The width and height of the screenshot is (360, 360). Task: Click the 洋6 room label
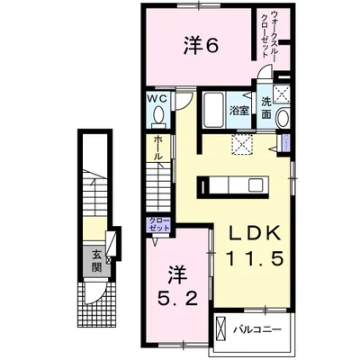(x=201, y=47)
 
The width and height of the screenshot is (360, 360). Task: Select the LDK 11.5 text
(x=255, y=247)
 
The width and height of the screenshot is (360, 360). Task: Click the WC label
(x=157, y=99)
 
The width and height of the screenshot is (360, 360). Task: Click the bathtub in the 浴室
(x=213, y=110)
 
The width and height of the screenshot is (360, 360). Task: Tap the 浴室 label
(x=239, y=111)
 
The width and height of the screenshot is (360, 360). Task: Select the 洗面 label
(x=265, y=108)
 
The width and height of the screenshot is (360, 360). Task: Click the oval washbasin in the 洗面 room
(x=283, y=118)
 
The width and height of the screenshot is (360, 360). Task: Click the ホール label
(x=158, y=148)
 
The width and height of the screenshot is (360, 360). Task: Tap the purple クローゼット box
(x=160, y=224)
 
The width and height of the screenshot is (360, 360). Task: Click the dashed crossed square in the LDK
(x=242, y=144)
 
